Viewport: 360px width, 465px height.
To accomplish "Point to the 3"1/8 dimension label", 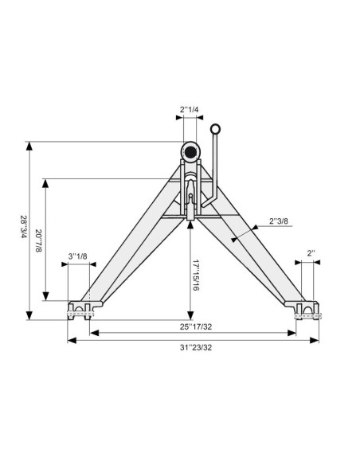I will pyautogui.click(x=78, y=256).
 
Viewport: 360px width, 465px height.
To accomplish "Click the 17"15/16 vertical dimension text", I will pyautogui.click(x=197, y=274).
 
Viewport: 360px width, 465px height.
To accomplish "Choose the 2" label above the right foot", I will pyautogui.click(x=311, y=254).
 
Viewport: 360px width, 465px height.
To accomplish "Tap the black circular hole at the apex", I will pyautogui.click(x=190, y=151).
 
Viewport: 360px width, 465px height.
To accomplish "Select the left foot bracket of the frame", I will pyautogui.click(x=84, y=309).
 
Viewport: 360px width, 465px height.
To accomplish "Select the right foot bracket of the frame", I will pyautogui.click(x=304, y=309).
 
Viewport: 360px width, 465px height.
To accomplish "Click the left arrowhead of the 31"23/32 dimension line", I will pyautogui.click(x=70, y=340).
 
